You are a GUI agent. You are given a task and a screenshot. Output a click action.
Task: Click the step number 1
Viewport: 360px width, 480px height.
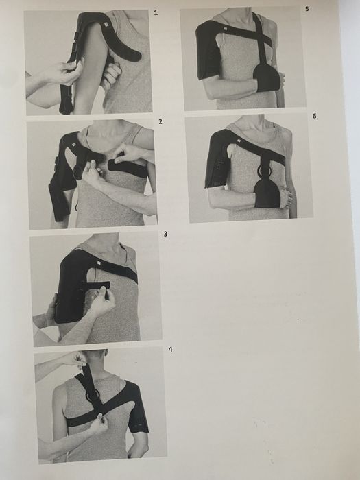[156, 13]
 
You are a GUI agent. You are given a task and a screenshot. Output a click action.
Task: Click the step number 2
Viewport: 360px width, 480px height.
[160, 122]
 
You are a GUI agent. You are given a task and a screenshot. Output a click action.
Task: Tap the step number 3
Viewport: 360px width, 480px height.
[165, 235]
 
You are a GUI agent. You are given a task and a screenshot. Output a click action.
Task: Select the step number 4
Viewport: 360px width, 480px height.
[171, 349]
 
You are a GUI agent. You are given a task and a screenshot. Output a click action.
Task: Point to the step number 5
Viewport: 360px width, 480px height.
[307, 9]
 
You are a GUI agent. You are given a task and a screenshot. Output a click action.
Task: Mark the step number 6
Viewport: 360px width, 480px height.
[314, 116]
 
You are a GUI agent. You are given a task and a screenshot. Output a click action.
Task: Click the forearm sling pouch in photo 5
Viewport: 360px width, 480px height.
[267, 77]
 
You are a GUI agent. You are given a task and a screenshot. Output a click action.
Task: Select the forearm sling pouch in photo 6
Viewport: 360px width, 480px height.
[267, 193]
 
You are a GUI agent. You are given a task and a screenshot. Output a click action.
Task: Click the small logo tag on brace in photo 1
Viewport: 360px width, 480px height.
[106, 25]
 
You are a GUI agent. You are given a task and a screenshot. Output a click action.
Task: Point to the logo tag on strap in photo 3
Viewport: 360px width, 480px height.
[99, 263]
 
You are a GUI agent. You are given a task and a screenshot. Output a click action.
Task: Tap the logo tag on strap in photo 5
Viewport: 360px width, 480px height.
[225, 29]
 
